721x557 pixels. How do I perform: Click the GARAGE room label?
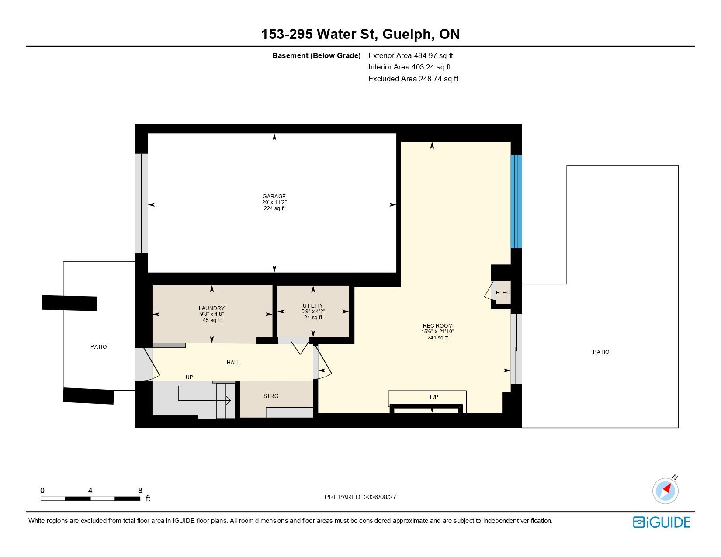coord(274,197)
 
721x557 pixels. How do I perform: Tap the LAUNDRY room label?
coord(211,308)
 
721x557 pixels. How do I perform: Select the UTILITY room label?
coord(313,305)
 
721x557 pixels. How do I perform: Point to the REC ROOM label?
coord(438,326)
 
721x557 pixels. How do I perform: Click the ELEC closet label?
coord(503,293)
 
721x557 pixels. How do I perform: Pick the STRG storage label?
coord(271,396)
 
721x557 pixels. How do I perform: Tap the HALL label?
coord(233,363)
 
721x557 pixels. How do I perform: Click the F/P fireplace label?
coord(434,397)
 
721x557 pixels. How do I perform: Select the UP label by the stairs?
coord(189,377)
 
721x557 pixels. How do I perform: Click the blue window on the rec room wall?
coord(516,201)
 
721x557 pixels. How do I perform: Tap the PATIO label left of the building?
coord(99,347)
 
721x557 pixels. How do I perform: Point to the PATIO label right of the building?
coord(601,352)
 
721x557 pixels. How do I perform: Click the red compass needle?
coord(667,488)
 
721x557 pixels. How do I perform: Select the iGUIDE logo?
coord(662,522)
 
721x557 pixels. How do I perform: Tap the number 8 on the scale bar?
coord(140,490)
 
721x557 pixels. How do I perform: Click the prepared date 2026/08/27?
coord(380,497)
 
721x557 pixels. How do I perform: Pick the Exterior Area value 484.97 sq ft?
coord(433,56)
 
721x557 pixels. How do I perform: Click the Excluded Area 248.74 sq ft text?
coord(413,79)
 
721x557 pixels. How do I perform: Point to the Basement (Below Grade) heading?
coord(316,56)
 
